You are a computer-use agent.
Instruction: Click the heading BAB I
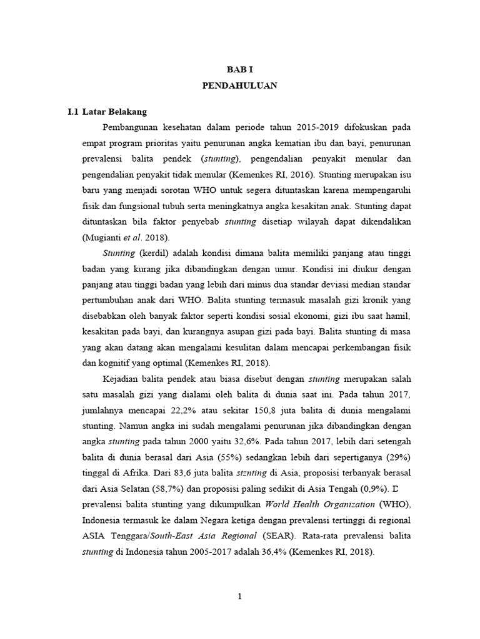[239, 70]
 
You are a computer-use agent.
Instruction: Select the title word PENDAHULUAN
[239, 86]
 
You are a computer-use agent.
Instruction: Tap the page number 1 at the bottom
[239, 597]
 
